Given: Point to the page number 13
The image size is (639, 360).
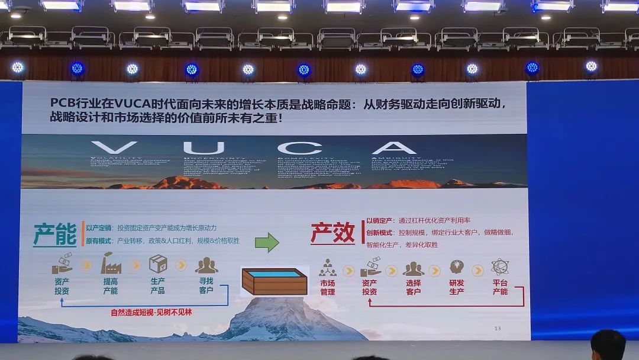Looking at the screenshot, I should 497,328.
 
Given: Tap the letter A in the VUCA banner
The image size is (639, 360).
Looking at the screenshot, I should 394,148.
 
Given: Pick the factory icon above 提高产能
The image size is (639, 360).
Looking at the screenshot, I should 111,263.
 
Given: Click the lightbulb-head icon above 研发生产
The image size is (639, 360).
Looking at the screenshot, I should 456,267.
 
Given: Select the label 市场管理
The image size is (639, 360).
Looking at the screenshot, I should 328,287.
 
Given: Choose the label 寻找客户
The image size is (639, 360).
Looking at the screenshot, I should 206,286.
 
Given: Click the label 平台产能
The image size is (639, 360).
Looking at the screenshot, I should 500,287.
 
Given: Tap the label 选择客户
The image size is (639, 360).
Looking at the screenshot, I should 414,287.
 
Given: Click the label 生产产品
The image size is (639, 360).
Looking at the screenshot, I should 157,286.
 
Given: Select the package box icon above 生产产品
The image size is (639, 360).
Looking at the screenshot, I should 158,264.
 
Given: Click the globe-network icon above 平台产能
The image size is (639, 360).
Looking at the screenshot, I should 500,267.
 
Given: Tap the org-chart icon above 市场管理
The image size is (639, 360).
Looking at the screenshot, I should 327,268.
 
